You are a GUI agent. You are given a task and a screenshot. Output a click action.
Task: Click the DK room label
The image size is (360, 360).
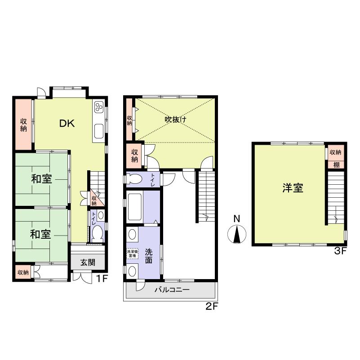point(67,123)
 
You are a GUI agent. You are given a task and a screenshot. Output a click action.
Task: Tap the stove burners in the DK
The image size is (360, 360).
point(99,107)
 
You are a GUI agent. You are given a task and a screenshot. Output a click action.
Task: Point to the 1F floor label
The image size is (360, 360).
point(102,279)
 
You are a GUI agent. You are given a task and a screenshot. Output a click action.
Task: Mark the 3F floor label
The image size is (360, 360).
point(340,251)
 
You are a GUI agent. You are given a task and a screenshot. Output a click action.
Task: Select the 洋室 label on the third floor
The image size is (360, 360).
point(293,188)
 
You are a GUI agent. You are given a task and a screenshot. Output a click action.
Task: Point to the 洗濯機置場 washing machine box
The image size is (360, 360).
point(132,253)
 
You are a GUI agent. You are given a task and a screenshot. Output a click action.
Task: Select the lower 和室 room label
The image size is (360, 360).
point(40,234)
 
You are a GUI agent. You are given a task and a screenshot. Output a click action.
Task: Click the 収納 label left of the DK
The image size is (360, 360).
point(23,124)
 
